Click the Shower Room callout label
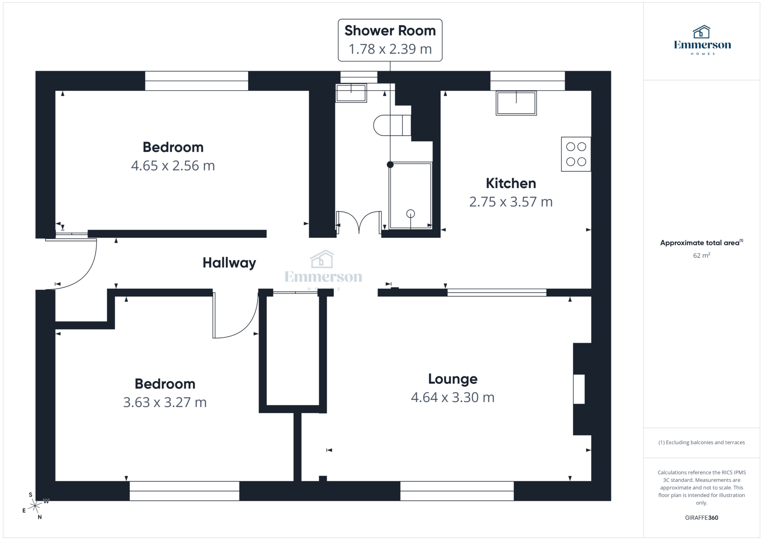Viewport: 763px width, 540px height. (x=390, y=40)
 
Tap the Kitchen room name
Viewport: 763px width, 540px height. (x=510, y=183)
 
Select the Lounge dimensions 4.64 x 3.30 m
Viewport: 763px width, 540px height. (x=452, y=397)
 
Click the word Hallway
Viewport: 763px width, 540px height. (x=229, y=263)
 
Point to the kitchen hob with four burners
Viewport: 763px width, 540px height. (x=576, y=154)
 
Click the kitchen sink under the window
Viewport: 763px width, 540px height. (x=516, y=103)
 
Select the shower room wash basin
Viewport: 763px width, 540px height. (x=351, y=93)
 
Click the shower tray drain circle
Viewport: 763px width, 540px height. (x=410, y=214)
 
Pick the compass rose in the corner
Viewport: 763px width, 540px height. (x=35, y=506)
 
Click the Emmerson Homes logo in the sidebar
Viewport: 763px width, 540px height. (x=702, y=40)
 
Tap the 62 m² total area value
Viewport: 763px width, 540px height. (x=701, y=256)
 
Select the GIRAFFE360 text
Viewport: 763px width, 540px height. (x=701, y=518)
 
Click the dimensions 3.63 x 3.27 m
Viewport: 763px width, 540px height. (x=165, y=402)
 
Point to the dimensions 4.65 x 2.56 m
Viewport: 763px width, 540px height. (x=173, y=165)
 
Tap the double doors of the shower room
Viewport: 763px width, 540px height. (x=359, y=223)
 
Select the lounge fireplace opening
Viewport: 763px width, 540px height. (x=579, y=389)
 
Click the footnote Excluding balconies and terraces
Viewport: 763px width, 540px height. (x=701, y=442)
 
